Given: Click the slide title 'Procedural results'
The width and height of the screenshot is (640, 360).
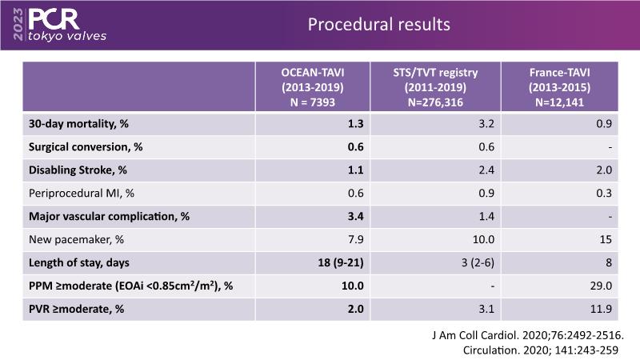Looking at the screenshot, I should [x=379, y=25].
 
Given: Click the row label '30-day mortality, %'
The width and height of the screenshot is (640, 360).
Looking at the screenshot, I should [x=71, y=123].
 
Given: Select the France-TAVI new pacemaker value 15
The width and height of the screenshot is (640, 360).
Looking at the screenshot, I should [x=605, y=239].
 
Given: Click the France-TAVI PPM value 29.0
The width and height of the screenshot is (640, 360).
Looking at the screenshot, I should [x=601, y=286].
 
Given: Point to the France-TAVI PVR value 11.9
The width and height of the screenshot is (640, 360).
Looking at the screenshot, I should [x=601, y=309].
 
